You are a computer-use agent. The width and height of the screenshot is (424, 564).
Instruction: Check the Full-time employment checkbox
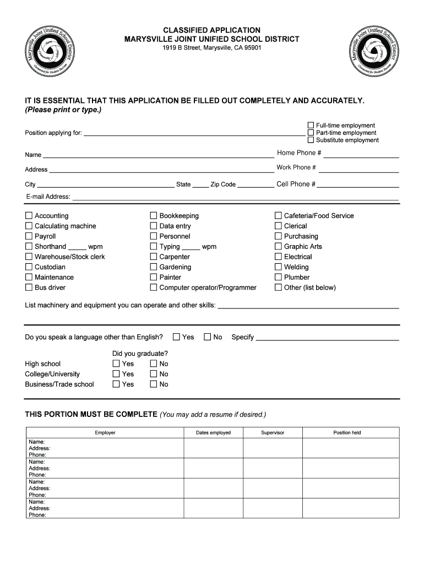[311, 126]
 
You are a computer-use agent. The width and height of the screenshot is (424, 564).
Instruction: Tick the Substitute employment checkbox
[311, 140]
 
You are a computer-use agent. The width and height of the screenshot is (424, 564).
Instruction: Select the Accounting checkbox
[29, 216]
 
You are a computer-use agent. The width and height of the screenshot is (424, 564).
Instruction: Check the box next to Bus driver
[29, 288]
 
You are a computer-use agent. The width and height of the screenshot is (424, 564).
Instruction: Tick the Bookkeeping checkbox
[154, 216]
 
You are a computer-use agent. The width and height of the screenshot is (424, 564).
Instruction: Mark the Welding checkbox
[278, 267]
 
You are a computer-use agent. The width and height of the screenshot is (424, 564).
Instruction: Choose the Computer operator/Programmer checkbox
[154, 288]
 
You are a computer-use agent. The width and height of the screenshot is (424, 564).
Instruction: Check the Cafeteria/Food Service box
[278, 216]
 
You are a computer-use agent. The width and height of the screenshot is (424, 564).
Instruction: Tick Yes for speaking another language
[177, 337]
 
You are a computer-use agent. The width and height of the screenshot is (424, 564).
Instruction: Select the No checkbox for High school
[153, 364]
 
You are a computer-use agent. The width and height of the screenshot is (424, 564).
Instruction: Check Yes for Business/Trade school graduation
[116, 384]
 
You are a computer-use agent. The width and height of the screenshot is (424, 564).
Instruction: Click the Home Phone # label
[299, 153]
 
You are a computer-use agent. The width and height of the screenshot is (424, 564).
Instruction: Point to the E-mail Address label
[47, 197]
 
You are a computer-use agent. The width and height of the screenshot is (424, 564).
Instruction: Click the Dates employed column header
[213, 433]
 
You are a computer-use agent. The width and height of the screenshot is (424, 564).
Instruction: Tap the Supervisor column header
[273, 433]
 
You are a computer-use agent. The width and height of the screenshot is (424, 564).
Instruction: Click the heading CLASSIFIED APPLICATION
[212, 30]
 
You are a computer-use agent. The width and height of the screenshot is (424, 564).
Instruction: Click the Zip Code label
[223, 185]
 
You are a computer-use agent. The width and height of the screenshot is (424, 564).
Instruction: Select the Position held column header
[347, 433]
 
